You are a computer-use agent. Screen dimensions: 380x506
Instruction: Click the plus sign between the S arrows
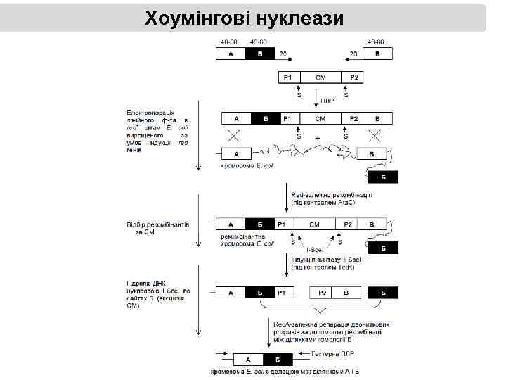pos(318,139)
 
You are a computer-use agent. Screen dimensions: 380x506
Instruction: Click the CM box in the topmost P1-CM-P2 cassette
pos(320,77)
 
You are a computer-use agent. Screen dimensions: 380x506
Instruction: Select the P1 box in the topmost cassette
pos(289,77)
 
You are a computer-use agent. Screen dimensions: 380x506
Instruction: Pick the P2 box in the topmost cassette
pos(351,77)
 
